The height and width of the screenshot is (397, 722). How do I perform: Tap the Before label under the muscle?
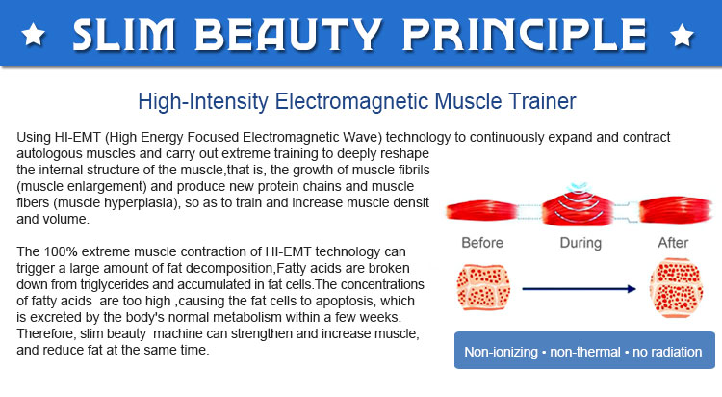[483, 243]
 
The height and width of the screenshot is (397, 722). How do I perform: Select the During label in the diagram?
[580, 243]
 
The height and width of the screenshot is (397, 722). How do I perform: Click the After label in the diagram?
[680, 243]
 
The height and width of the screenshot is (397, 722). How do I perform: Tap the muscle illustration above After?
[680, 209]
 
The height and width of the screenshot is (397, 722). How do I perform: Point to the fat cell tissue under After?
[679, 287]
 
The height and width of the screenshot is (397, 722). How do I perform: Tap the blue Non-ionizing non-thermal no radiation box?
[584, 352]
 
